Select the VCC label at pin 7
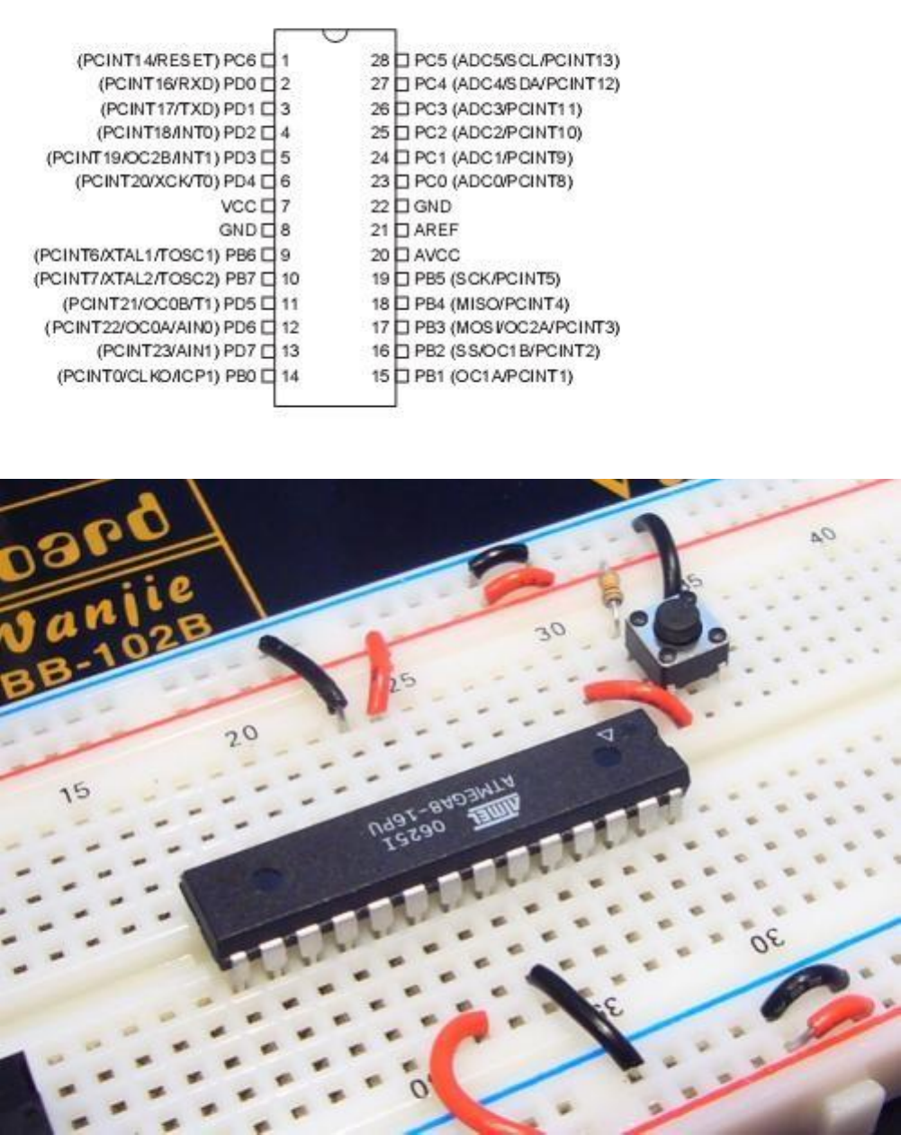(x=238, y=206)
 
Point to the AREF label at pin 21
(x=436, y=230)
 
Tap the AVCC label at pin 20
(x=437, y=255)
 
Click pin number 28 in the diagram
(x=380, y=61)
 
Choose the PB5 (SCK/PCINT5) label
(x=500, y=279)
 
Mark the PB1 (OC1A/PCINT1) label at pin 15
(x=493, y=375)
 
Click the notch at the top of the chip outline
(x=335, y=34)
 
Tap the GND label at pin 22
(x=433, y=206)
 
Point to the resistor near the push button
(x=609, y=590)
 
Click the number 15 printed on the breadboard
(x=76, y=793)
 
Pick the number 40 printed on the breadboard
(x=821, y=536)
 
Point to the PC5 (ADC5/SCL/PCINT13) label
(x=517, y=61)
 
